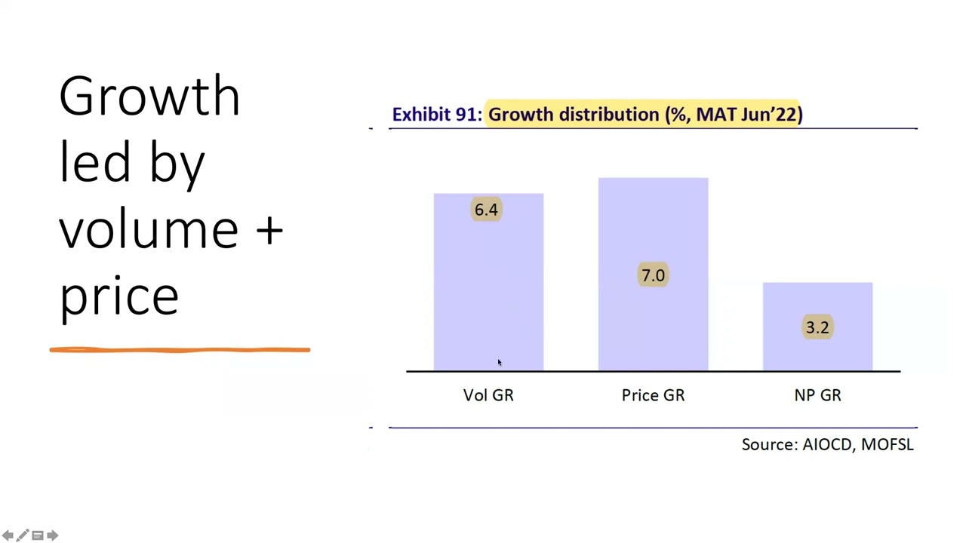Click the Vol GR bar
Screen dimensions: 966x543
488,282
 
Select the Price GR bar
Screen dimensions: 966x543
654,274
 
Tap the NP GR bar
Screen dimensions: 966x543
817,327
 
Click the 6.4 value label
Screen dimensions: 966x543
487,210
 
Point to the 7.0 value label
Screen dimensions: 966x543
654,275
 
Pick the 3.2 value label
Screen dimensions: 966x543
817,327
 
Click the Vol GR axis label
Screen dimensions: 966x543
488,395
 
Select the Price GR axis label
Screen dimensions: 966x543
654,395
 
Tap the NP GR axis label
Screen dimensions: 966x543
817,395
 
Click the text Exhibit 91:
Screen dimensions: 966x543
437,114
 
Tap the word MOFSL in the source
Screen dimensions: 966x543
888,444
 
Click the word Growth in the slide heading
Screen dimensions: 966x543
149,96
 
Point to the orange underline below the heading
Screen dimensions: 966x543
180,350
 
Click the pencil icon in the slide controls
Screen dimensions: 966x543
23,535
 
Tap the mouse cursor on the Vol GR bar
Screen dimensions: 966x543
500,363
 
